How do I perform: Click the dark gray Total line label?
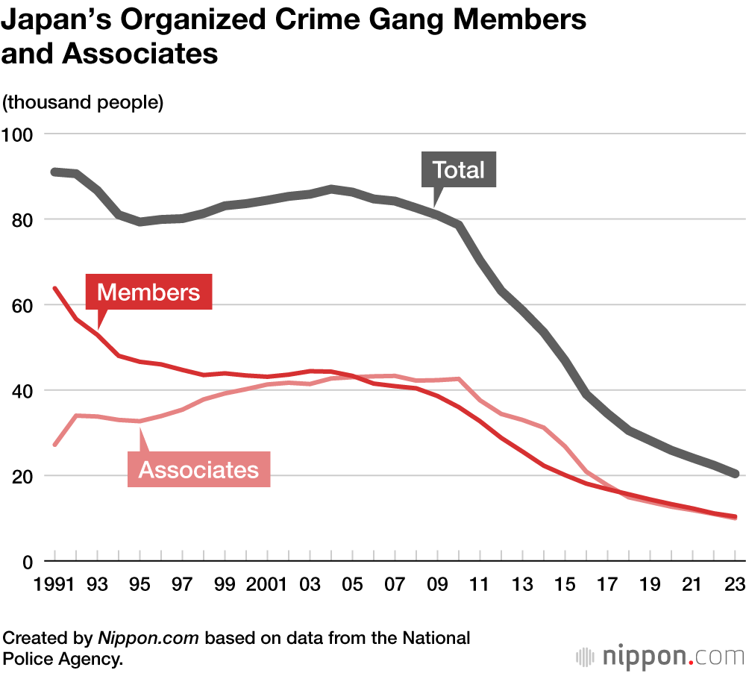point(459,170)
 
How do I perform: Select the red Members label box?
point(148,292)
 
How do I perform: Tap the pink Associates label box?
point(198,469)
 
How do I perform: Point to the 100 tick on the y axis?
point(18,134)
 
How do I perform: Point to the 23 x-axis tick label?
point(735,583)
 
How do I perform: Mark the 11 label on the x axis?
point(478,583)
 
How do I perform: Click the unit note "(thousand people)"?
point(83,102)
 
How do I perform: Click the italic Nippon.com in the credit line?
point(149,639)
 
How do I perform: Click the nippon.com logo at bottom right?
point(660,657)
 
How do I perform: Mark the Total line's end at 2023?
point(735,474)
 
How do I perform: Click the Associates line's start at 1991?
point(54,445)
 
